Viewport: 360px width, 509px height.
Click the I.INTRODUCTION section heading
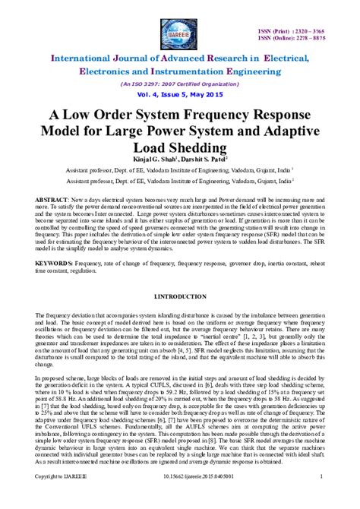[180, 294]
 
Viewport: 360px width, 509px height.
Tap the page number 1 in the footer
[322, 498]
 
